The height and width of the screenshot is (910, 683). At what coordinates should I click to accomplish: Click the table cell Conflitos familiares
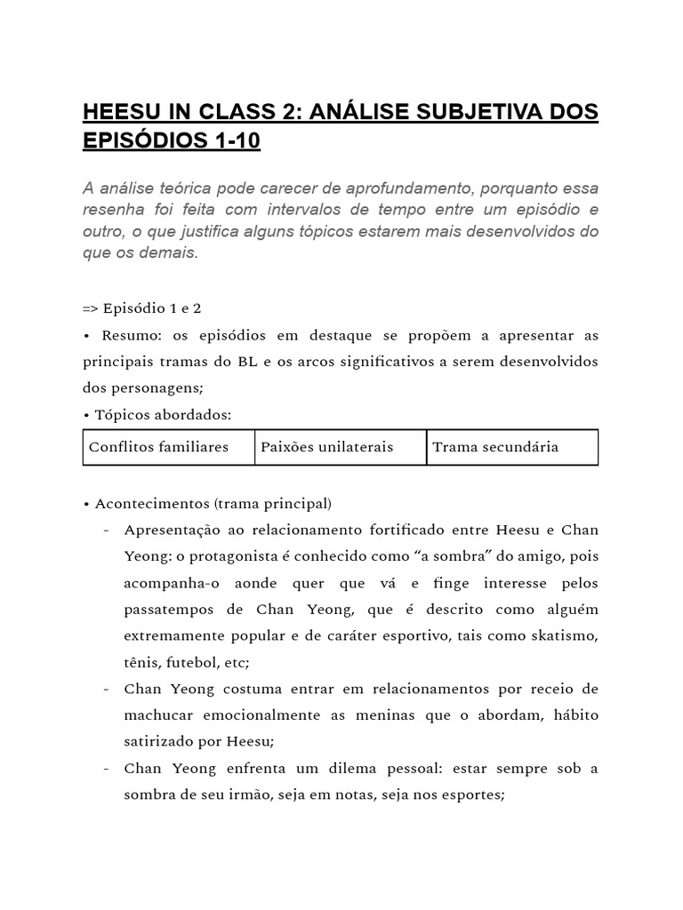pyautogui.click(x=158, y=447)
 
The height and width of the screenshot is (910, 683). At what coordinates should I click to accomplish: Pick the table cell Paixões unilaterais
pyautogui.click(x=326, y=447)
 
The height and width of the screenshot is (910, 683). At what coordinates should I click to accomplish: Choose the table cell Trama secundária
pyautogui.click(x=495, y=447)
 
